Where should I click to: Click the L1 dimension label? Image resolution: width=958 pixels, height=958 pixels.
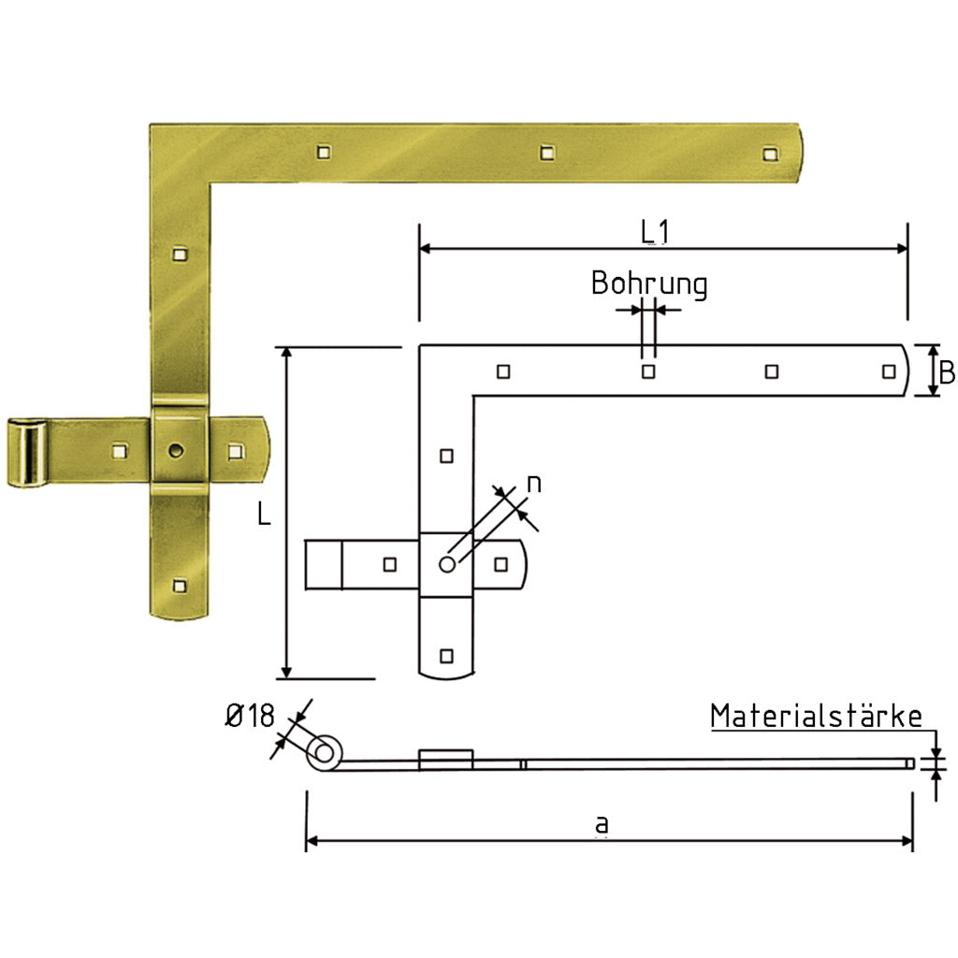(655, 232)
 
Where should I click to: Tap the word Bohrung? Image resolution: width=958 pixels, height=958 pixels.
(648, 283)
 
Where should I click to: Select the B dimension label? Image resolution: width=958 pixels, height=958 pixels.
(946, 372)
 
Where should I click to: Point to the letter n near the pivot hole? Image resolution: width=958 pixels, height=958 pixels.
(533, 483)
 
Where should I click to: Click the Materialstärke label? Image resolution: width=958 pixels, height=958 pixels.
(816, 717)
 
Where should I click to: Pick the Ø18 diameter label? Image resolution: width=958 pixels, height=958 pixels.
(250, 717)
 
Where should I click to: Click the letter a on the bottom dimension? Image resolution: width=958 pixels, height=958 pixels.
(602, 824)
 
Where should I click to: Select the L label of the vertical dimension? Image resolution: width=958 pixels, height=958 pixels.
(265, 515)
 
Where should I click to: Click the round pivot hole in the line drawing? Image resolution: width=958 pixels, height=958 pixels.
(447, 564)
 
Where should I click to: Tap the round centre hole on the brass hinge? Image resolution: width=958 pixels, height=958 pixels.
(176, 451)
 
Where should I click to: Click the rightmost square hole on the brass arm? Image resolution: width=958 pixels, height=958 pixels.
(769, 153)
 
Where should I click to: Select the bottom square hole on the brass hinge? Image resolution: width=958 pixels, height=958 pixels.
(180, 587)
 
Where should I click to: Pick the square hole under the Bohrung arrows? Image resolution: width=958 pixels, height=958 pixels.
(647, 371)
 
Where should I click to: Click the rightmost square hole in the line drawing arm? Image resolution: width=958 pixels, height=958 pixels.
(888, 371)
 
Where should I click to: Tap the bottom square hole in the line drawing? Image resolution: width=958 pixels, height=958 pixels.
(446, 654)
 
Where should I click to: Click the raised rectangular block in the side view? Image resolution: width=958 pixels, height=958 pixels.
(446, 758)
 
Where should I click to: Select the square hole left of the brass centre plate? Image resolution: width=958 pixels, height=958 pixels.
(119, 451)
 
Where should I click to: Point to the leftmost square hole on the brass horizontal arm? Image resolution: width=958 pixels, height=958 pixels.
(323, 150)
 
